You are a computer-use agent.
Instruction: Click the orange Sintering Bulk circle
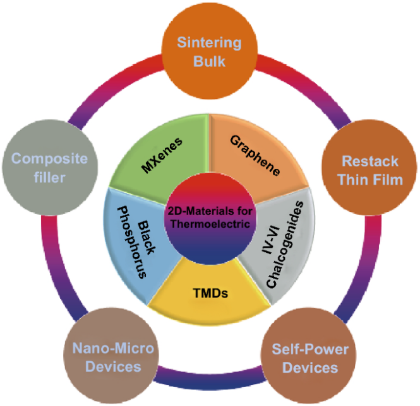pos(210,52)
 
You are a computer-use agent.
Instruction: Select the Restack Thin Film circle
pos(369,170)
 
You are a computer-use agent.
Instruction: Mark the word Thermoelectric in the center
pos(209,226)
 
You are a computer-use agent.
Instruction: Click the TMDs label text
pos(209,292)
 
